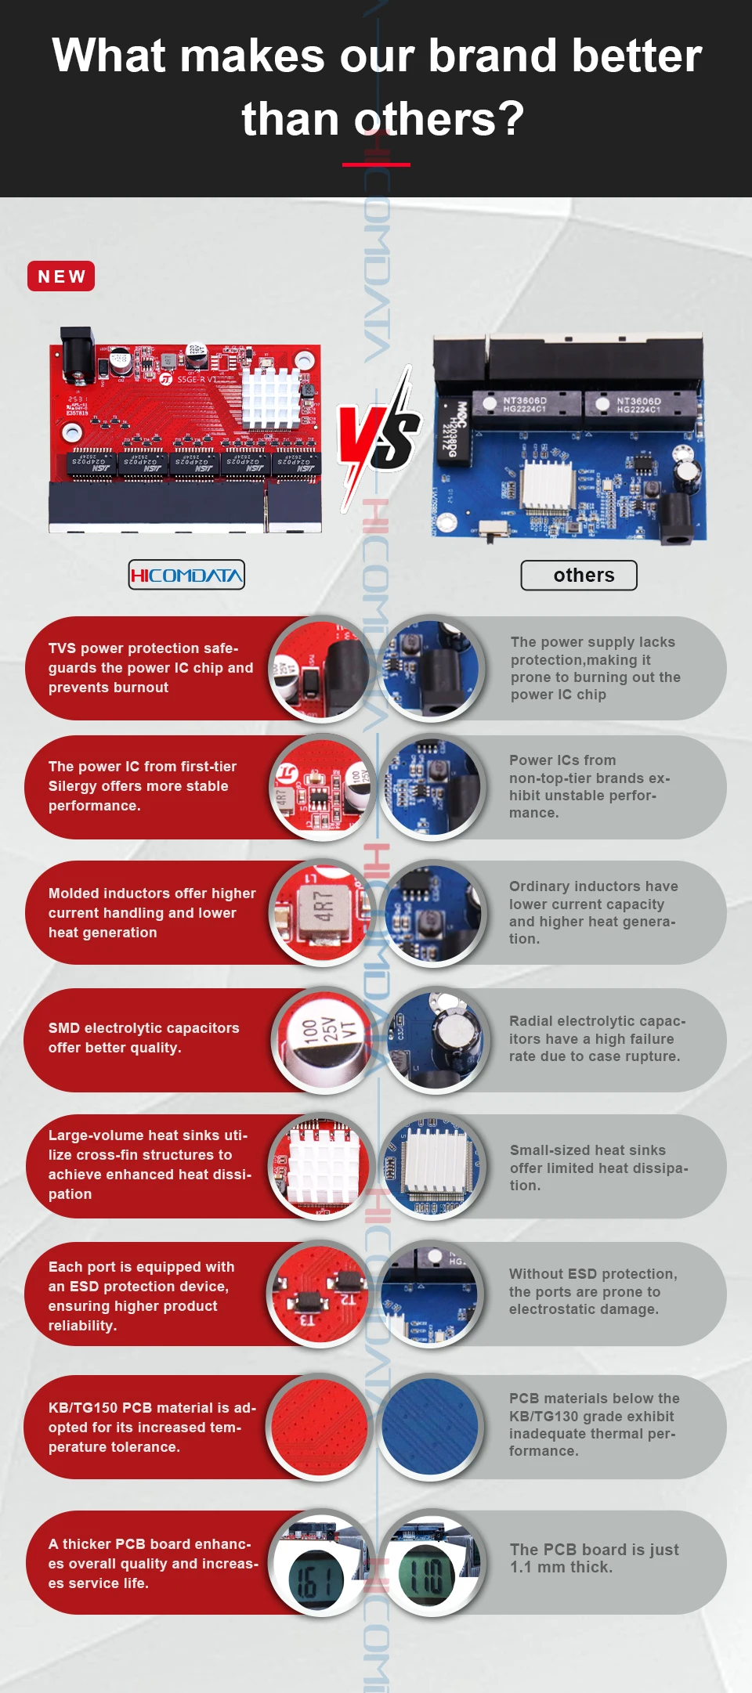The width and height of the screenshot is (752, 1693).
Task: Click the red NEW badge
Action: pyautogui.click(x=61, y=276)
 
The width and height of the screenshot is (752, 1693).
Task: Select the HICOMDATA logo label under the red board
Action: pyautogui.click(x=186, y=575)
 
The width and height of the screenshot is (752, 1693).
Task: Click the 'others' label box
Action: pyautogui.click(x=579, y=576)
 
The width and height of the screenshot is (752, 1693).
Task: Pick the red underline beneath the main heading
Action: pyautogui.click(x=376, y=164)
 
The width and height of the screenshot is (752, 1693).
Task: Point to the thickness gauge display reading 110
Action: pyautogui.click(x=427, y=1576)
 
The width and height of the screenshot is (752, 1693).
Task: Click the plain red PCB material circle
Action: pyautogui.click(x=320, y=1426)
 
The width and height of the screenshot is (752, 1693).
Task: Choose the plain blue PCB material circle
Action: pyautogui.click(x=430, y=1426)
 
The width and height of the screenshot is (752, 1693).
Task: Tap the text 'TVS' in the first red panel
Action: pyautogui.click(x=62, y=648)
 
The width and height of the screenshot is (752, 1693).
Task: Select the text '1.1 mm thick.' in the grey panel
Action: pyautogui.click(x=562, y=1567)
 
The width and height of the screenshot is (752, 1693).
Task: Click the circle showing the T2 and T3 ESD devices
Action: pyautogui.click(x=320, y=1294)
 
